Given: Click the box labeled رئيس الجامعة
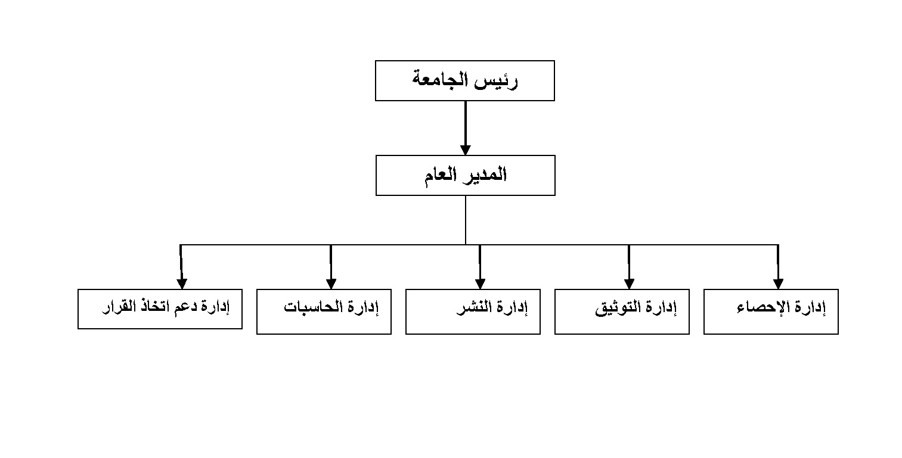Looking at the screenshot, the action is point(464,81).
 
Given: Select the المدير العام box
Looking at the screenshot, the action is point(466,175).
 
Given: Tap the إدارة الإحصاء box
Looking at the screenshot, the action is point(771,311).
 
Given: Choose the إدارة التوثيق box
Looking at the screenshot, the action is point(622,311).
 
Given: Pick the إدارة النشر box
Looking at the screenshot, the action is point(473,311).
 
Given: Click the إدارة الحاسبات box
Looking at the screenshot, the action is point(324,311).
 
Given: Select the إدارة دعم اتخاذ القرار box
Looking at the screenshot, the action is point(160,309).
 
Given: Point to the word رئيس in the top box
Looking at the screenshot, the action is point(496,80).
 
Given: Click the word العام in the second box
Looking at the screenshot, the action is point(441,175).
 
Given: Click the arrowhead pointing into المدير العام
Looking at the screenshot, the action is point(466,150).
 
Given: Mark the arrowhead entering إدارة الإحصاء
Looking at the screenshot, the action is point(779,284).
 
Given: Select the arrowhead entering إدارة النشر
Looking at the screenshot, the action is point(481,284).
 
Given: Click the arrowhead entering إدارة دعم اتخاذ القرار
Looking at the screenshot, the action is point(182,284).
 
